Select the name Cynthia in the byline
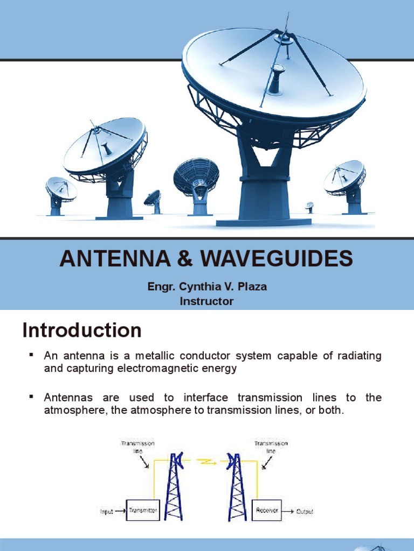(197, 287)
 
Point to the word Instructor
(206, 301)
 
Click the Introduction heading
(82, 330)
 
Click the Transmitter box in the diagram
(142, 511)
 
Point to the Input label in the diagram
(106, 512)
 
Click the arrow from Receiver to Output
(288, 511)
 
